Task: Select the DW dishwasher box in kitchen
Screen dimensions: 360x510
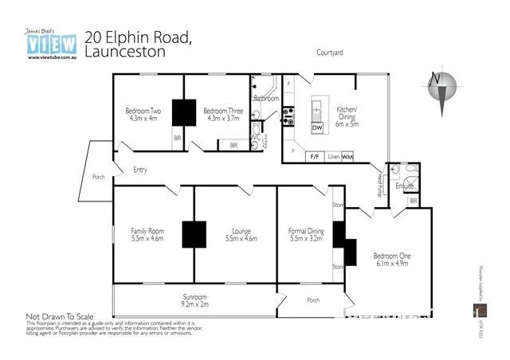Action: (317, 127)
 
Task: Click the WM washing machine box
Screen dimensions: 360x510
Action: (347, 157)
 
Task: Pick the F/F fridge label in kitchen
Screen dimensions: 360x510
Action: (315, 157)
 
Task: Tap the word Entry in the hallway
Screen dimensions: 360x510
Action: (140, 169)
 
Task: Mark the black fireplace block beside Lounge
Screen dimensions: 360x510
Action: (194, 234)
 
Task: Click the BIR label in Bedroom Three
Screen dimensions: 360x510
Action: (233, 145)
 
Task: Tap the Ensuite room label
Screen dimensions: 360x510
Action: (406, 186)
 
